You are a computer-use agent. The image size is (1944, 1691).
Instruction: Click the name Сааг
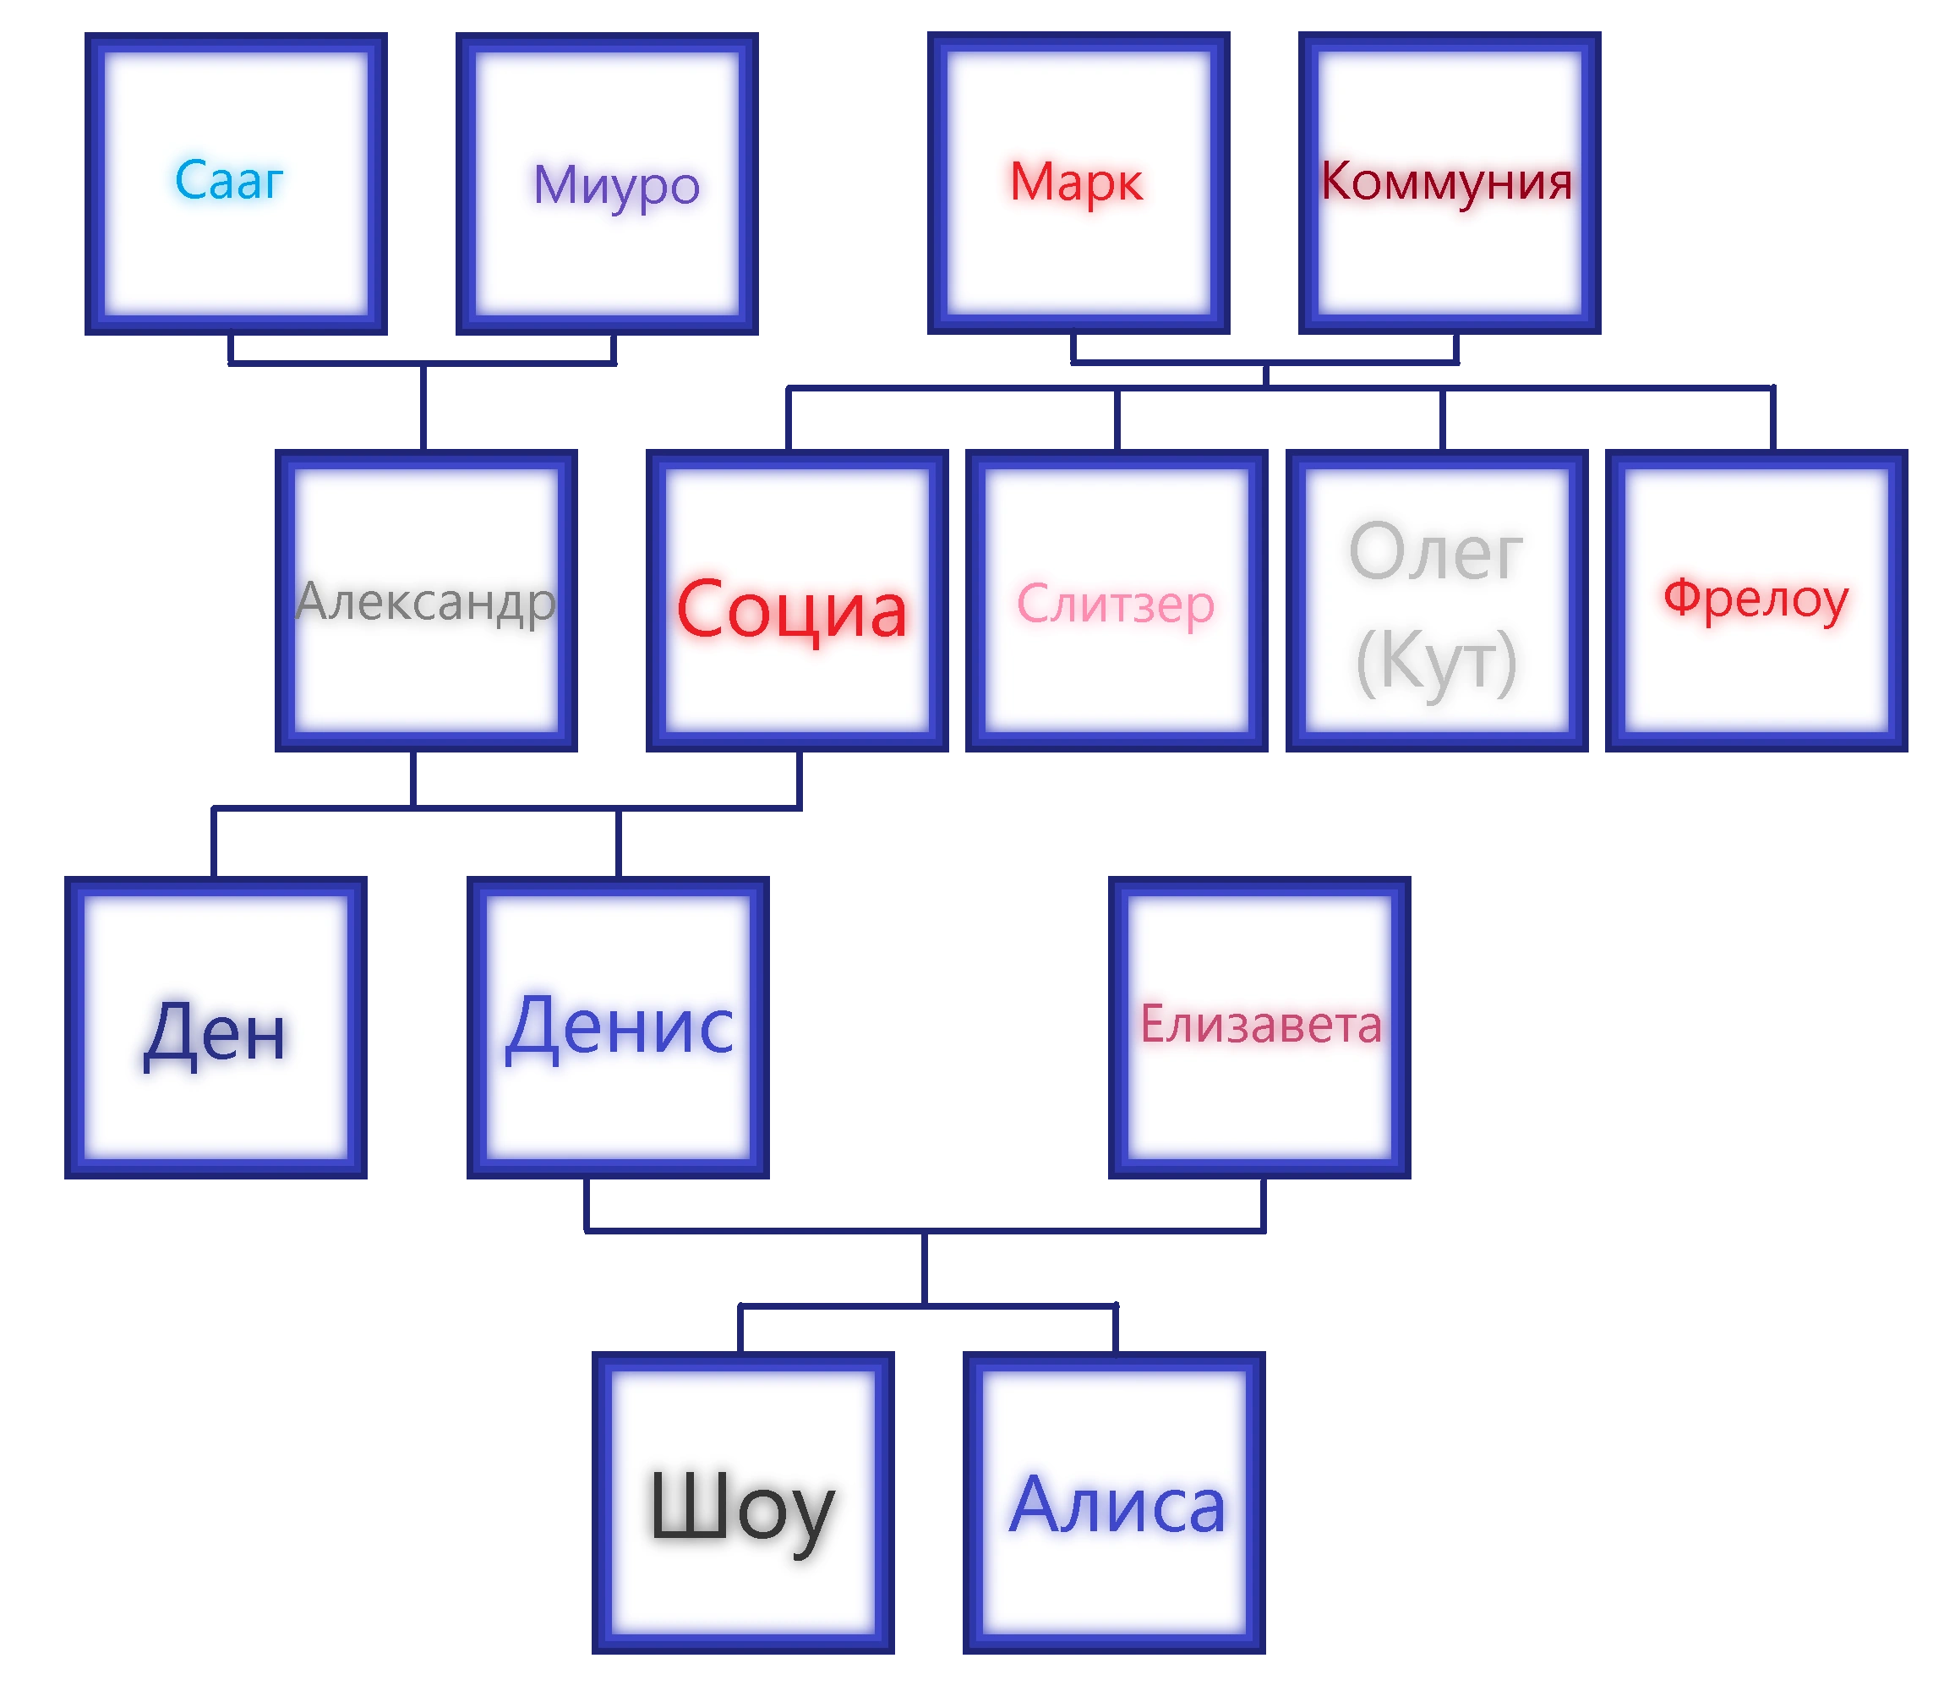point(229,180)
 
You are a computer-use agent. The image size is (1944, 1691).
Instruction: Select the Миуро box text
point(616,185)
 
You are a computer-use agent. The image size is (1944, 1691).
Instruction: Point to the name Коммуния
point(1446,181)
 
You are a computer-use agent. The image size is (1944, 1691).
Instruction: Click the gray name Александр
point(425,601)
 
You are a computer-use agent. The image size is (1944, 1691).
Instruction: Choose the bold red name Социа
point(791,610)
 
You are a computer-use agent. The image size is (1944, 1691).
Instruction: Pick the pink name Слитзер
point(1115,604)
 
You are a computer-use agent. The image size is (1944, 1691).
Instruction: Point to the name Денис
point(619,1026)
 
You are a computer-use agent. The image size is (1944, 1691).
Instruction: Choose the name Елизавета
point(1260,1024)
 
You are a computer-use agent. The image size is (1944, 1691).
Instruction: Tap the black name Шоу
point(741,1507)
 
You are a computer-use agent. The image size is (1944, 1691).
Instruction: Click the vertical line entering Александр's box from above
point(425,408)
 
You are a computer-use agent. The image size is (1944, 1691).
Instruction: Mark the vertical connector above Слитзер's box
point(1115,418)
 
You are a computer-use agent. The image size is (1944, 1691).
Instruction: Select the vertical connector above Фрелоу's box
point(1771,418)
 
